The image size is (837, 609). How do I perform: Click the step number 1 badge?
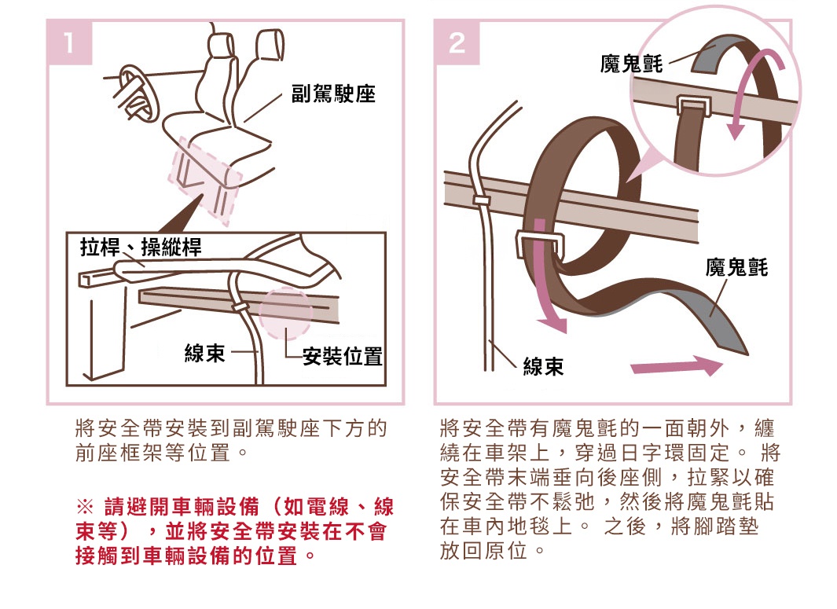click(x=69, y=42)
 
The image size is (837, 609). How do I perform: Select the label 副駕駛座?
click(x=333, y=95)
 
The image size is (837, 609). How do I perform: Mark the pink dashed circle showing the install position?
click(x=285, y=314)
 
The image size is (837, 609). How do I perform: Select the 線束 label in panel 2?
click(x=543, y=367)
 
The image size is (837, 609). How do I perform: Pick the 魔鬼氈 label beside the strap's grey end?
click(x=736, y=268)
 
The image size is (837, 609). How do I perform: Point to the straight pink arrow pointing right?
click(x=676, y=366)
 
